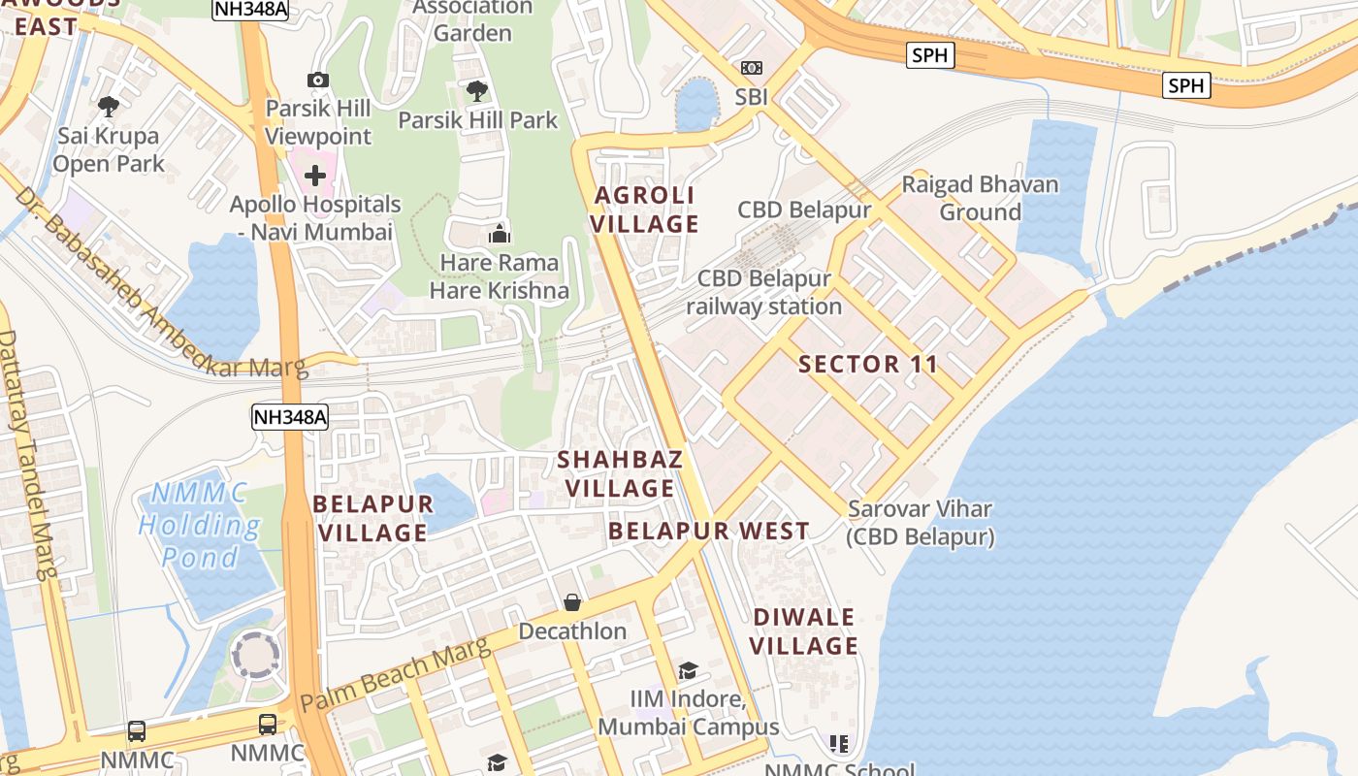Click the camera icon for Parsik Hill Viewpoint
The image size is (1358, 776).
(317, 80)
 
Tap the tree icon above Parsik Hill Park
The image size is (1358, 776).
(476, 92)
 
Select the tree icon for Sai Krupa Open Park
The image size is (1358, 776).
(109, 106)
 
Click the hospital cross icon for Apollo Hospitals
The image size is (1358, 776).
(315, 176)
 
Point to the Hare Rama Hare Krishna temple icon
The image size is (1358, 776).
(500, 234)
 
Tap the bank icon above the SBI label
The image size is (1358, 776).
(752, 68)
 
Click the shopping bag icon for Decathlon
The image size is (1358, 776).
(572, 602)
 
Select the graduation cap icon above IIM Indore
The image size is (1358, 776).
(688, 670)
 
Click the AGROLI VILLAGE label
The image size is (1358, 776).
(646, 210)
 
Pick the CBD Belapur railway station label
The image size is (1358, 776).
(764, 293)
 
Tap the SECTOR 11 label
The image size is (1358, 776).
(868, 365)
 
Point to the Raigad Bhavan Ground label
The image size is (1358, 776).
(980, 198)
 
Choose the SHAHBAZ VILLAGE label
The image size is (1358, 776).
(621, 473)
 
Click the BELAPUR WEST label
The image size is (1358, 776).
(709, 531)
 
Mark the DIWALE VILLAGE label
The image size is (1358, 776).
(805, 631)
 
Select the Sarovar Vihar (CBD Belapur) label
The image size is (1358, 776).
(921, 523)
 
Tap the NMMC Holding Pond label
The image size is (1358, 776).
(199, 526)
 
